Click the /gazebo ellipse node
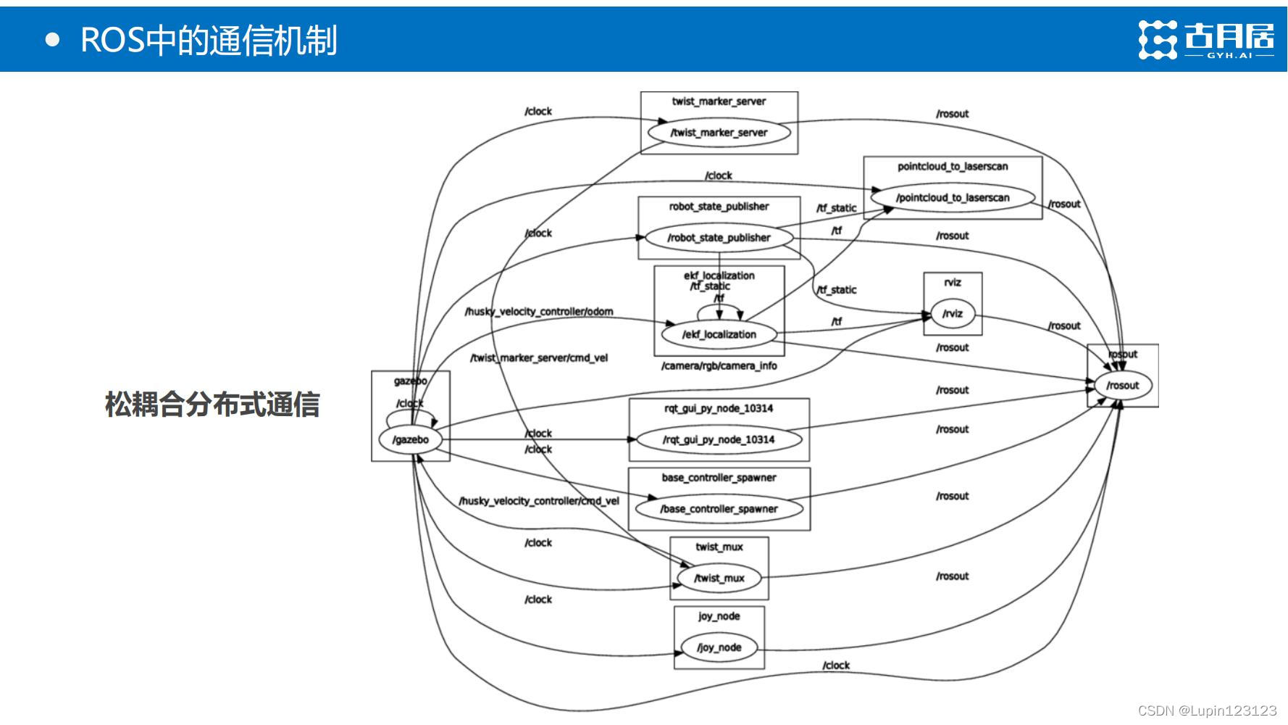(x=411, y=439)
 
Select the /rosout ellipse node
(x=1122, y=385)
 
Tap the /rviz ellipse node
(x=952, y=313)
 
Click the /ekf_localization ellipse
(x=719, y=334)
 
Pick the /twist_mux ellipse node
(x=719, y=578)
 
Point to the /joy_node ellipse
(x=719, y=647)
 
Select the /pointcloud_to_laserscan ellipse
(x=952, y=197)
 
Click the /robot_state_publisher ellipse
(x=719, y=237)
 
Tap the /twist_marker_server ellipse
(x=719, y=132)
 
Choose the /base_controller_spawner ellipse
(x=719, y=509)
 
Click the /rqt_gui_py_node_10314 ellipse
(x=719, y=439)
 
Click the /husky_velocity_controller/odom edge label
(x=539, y=312)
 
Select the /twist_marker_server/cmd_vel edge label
(x=539, y=358)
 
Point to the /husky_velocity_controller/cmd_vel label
(x=539, y=501)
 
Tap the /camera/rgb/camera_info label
(x=719, y=366)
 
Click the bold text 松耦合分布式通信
(x=212, y=405)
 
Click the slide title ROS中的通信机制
(x=209, y=39)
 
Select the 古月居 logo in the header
(x=1205, y=39)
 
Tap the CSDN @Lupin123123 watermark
(x=1207, y=710)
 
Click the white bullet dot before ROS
(x=52, y=40)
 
